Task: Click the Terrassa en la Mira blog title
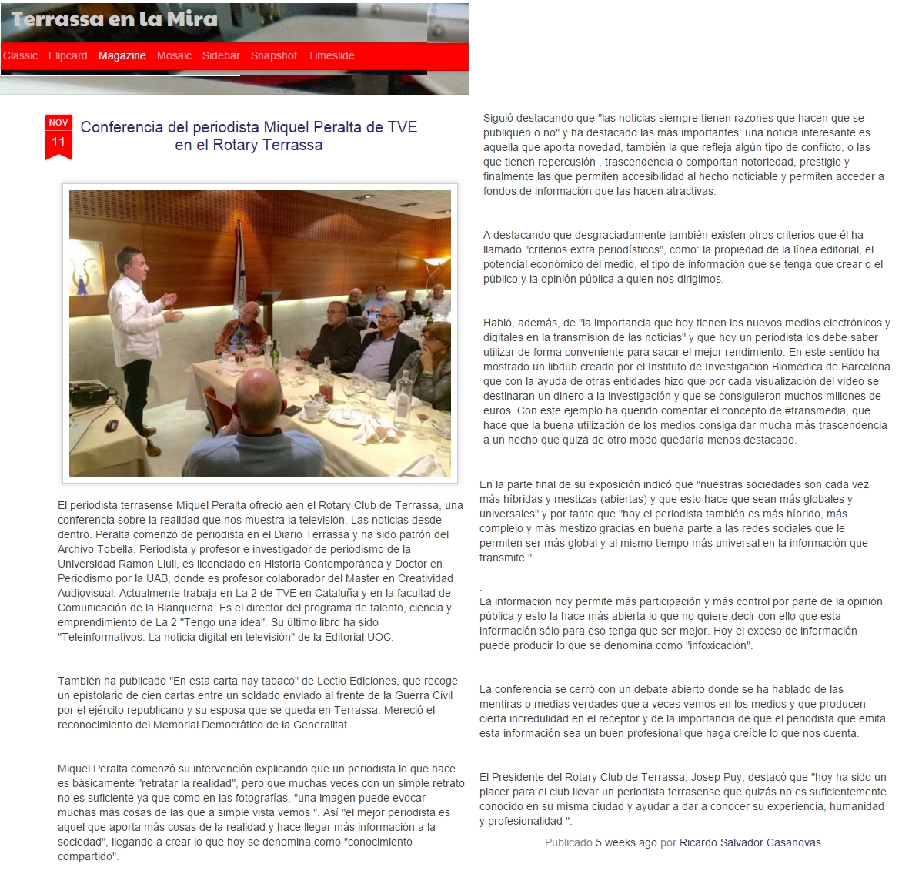[115, 18]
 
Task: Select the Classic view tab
[20, 55]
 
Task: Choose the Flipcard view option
[68, 55]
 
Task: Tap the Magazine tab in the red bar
[122, 55]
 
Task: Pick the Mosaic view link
[174, 55]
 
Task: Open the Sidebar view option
[221, 55]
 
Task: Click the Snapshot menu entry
[273, 55]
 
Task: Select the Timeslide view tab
[331, 55]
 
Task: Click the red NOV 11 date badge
[58, 136]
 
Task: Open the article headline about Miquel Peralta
[249, 136]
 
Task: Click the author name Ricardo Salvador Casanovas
[750, 842]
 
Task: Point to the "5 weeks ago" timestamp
[626, 842]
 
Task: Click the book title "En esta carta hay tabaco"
[233, 681]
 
